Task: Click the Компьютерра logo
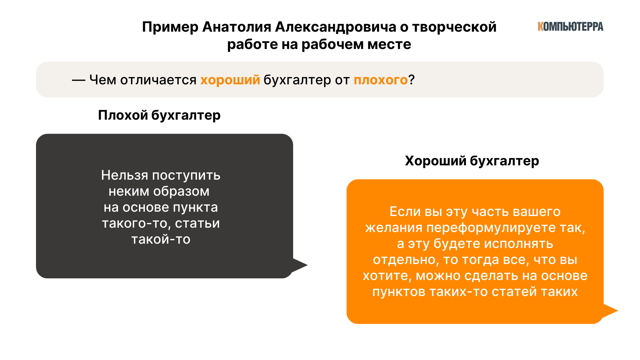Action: click(570, 27)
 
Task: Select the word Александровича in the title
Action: click(336, 27)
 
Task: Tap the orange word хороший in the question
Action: click(230, 80)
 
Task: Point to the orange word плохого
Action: click(381, 80)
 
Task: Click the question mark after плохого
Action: click(412, 80)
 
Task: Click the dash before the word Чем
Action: click(79, 80)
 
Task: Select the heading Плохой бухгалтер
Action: click(159, 115)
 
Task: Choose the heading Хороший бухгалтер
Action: click(472, 161)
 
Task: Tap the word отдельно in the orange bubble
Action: click(406, 260)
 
